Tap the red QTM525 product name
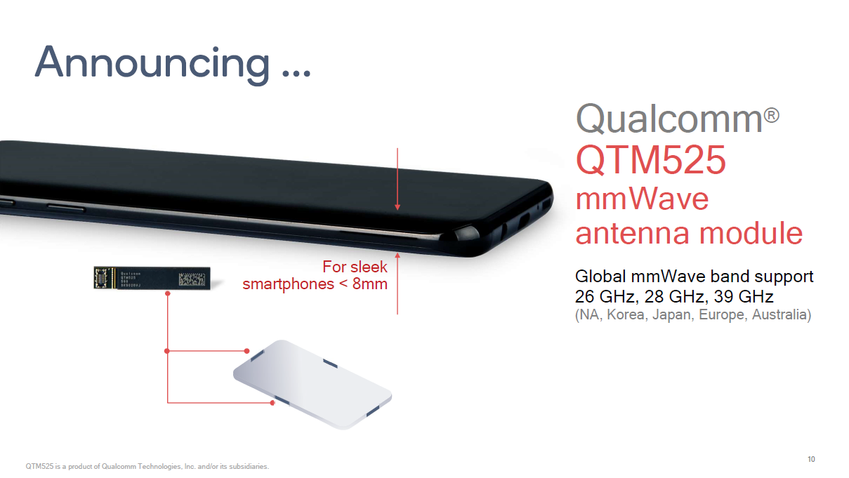pyautogui.click(x=650, y=160)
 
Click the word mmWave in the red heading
pyautogui.click(x=642, y=199)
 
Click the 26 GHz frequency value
pyautogui.click(x=605, y=296)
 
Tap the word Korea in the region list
pyautogui.click(x=626, y=315)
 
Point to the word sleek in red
pyautogui.click(x=369, y=267)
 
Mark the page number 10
pyautogui.click(x=811, y=459)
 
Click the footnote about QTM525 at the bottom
pyautogui.click(x=147, y=466)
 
